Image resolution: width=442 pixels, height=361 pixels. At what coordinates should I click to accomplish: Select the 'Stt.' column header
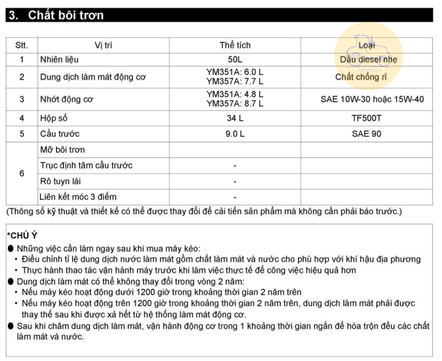22,45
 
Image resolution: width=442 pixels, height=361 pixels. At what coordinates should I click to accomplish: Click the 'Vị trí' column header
103,45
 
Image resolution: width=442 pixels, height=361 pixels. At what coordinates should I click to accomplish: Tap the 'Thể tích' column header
235,45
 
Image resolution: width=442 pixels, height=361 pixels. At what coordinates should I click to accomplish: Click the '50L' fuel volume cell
235,60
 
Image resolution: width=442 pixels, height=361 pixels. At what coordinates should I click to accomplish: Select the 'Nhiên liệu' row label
60,60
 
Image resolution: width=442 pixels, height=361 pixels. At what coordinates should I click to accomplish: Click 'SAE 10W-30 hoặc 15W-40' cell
372,99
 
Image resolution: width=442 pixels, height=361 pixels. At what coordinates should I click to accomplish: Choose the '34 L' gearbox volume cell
235,119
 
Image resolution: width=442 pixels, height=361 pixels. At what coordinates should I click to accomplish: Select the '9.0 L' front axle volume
235,134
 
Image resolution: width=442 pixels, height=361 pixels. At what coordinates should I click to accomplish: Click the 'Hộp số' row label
54,119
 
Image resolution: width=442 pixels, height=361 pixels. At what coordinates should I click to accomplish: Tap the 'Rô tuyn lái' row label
65,181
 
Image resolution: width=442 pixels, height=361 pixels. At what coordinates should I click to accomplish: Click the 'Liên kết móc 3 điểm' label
78,197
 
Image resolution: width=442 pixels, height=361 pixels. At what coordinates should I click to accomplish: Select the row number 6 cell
22,173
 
